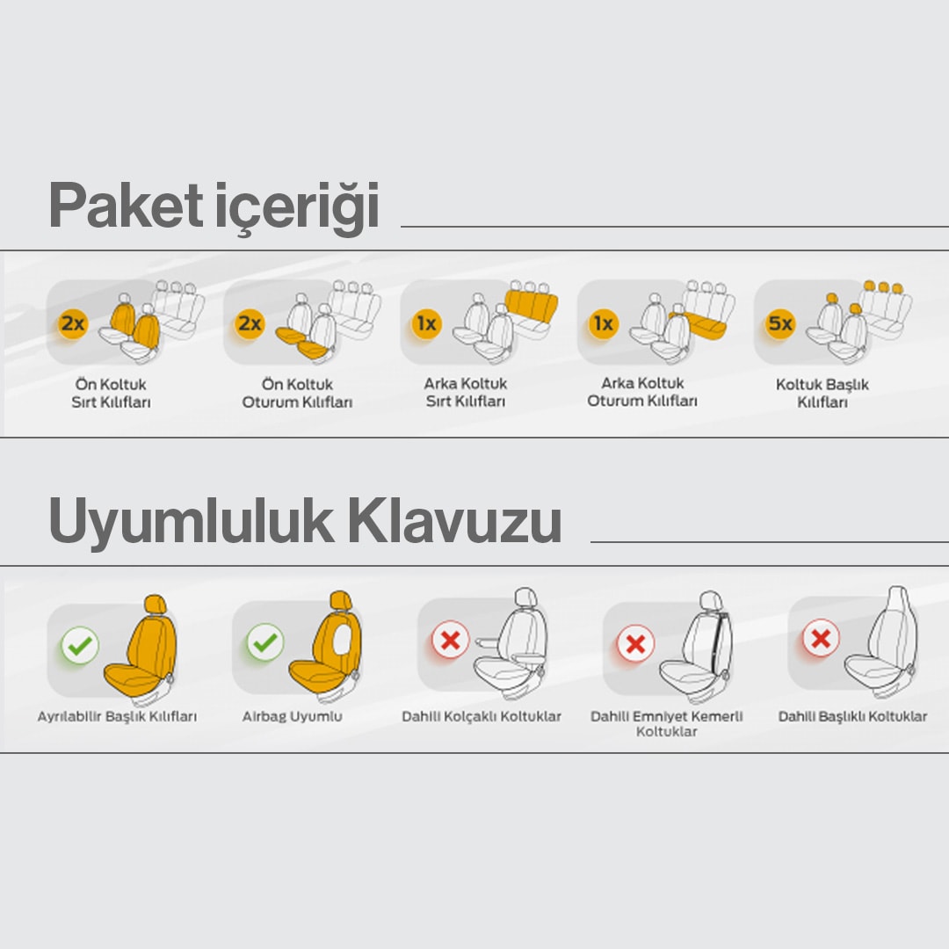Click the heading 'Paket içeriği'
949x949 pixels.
(214, 206)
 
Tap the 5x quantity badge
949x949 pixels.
(779, 323)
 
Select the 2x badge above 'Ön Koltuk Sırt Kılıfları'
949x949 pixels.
(73, 323)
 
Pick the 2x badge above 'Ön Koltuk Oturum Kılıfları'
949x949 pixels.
(250, 323)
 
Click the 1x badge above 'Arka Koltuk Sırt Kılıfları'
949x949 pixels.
(426, 323)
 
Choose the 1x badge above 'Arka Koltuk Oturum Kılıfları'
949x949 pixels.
(604, 323)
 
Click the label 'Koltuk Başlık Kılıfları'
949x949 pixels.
(822, 393)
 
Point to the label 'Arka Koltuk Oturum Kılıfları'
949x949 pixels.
(642, 392)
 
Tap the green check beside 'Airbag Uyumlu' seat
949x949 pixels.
(265, 642)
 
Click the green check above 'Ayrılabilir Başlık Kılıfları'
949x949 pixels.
(80, 645)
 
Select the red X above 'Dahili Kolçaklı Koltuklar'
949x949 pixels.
(450, 640)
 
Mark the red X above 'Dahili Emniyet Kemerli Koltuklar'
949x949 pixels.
(635, 643)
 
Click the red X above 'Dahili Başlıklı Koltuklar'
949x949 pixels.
(821, 638)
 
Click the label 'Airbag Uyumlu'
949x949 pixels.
(293, 717)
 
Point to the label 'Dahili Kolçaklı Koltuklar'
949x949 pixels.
(482, 717)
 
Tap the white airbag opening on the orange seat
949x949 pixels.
(341, 639)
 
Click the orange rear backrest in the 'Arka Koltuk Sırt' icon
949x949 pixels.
(531, 306)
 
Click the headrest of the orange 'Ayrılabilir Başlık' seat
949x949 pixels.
(156, 604)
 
